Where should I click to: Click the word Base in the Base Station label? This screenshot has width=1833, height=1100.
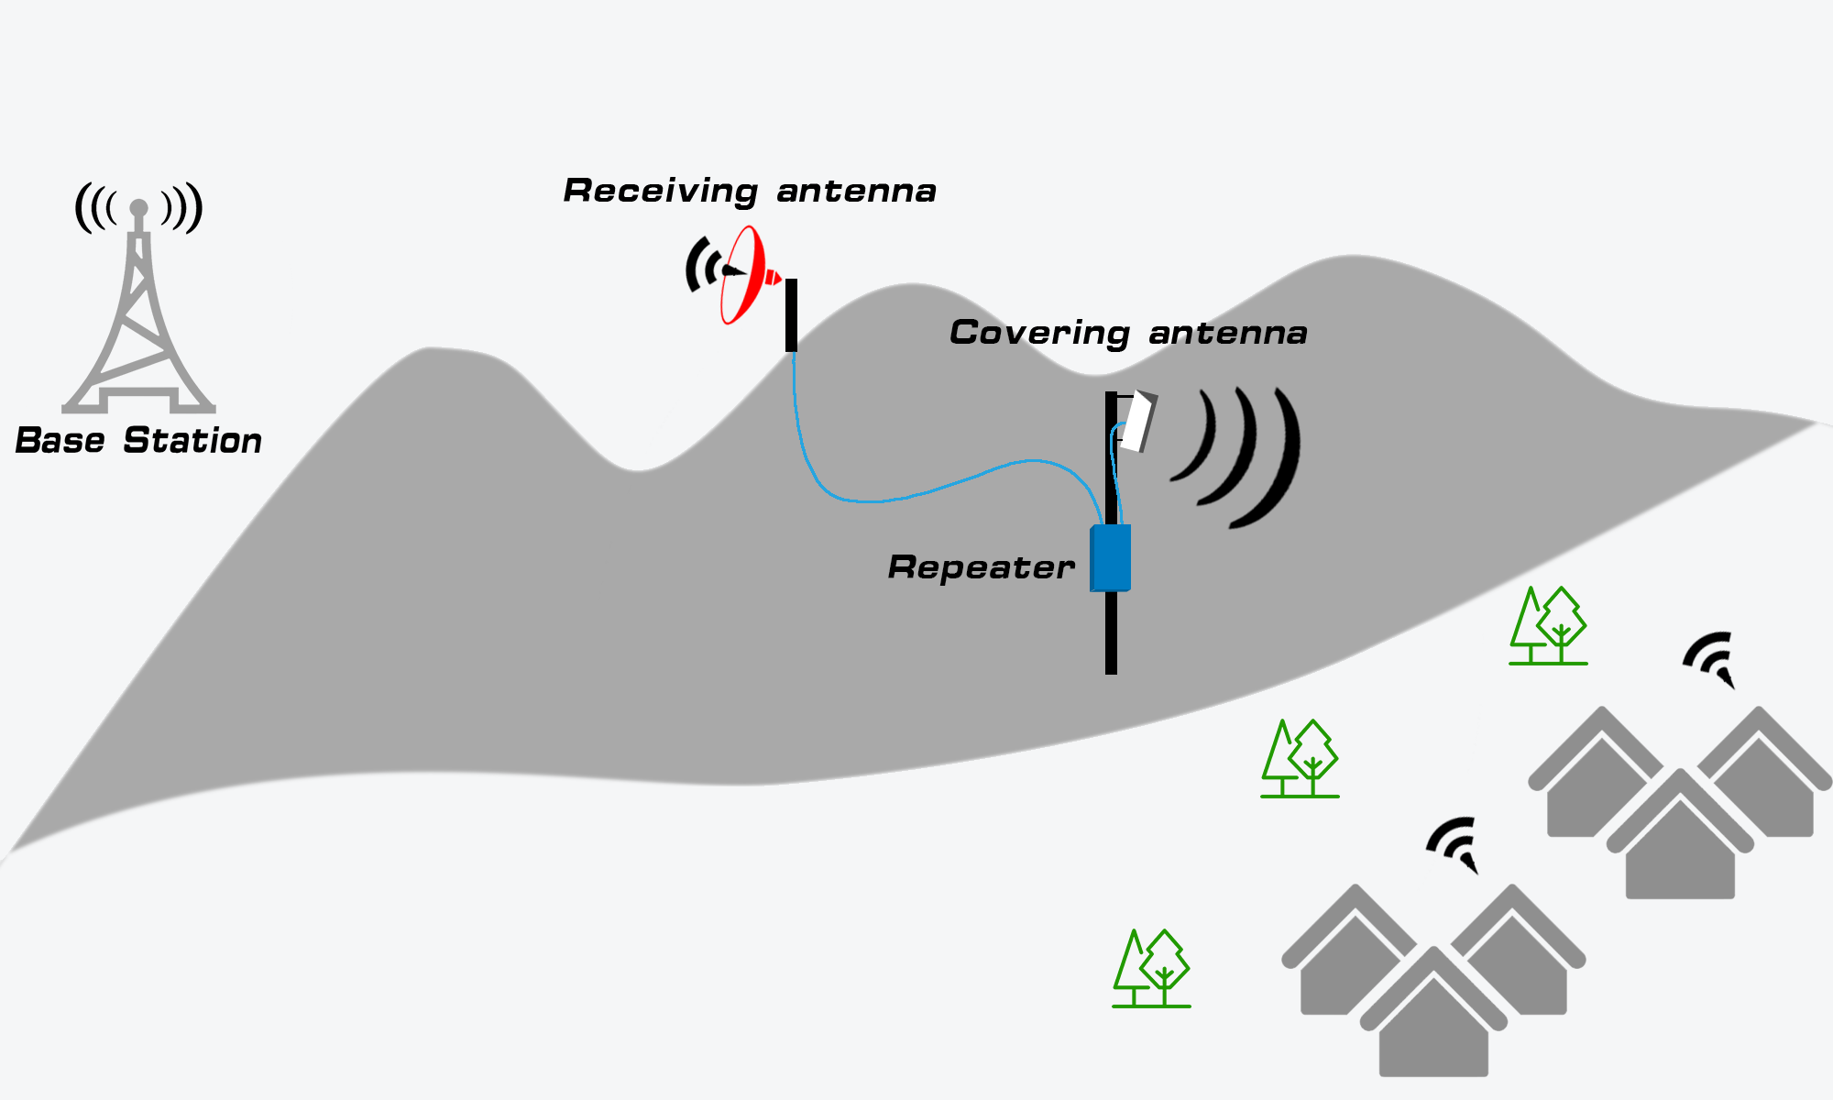(60, 441)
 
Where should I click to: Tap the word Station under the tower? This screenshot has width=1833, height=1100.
(192, 441)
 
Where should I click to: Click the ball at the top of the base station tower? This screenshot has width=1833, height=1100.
(138, 208)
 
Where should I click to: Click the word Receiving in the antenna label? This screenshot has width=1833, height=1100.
(660, 192)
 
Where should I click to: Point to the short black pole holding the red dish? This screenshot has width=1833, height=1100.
(791, 315)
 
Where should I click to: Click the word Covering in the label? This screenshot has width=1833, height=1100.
(1038, 333)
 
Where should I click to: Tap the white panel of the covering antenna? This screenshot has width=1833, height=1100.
(1137, 422)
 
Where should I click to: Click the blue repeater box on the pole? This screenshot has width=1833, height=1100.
(1111, 557)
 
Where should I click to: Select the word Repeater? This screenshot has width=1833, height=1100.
(981, 567)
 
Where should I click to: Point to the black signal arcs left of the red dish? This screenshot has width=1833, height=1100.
(701, 266)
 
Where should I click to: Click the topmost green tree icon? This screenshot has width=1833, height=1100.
(1548, 626)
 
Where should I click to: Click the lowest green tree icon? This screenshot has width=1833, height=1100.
(1151, 969)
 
